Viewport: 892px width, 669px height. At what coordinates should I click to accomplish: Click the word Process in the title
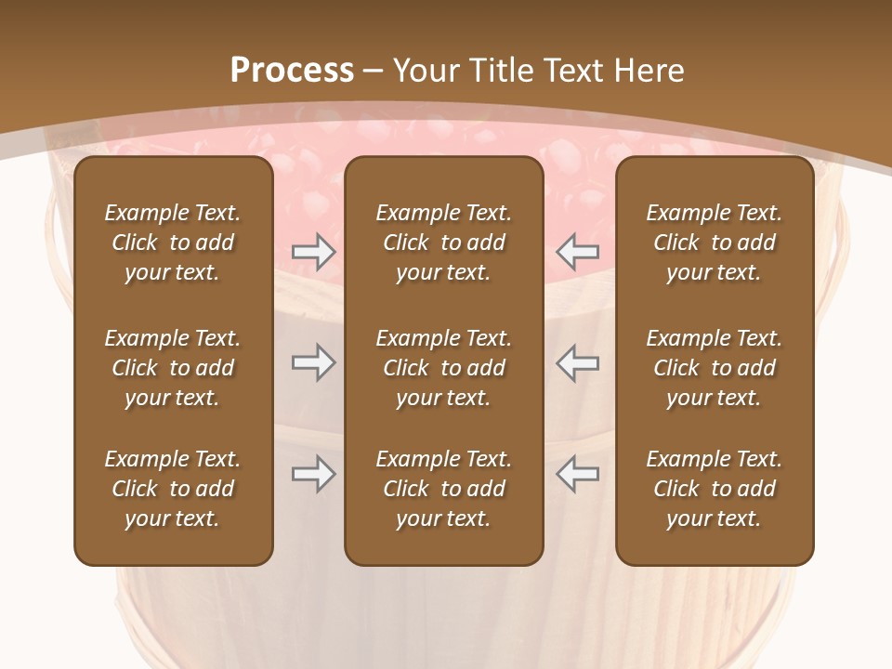292,71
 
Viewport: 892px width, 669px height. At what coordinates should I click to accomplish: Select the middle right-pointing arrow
313,362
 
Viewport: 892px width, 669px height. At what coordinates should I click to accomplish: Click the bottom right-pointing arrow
313,474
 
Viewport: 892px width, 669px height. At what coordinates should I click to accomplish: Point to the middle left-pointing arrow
578,362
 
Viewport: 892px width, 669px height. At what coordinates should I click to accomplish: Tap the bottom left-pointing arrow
578,474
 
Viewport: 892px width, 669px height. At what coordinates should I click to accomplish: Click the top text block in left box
173,243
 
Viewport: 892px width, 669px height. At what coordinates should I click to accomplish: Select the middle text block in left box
173,368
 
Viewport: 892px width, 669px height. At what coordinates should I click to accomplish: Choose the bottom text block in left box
173,489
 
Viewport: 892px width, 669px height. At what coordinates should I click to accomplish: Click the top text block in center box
443,243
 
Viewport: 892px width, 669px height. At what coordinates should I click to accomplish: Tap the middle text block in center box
443,368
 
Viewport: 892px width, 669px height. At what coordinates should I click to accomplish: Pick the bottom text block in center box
443,489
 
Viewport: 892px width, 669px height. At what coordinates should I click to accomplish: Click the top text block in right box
715,243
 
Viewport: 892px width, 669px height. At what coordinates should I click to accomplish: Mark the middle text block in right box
715,368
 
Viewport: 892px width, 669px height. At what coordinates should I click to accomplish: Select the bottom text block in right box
715,489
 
